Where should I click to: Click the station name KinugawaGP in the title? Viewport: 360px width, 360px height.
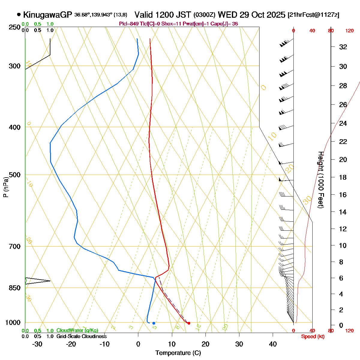[x=48, y=15]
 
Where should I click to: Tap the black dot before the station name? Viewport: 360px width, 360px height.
[x=19, y=14]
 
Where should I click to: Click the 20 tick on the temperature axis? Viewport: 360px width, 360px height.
[x=205, y=344]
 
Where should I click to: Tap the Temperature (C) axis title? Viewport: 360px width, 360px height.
[x=178, y=353]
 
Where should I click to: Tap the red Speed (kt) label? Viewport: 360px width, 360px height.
[x=313, y=337]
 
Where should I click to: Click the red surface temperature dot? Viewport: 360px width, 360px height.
[x=189, y=323]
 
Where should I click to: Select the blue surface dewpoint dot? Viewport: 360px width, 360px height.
[x=154, y=323]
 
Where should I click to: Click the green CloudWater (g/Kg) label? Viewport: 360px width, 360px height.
[x=77, y=331]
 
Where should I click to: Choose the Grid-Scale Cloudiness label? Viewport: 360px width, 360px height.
[x=81, y=337]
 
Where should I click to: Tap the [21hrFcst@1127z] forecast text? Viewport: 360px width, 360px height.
[x=313, y=15]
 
